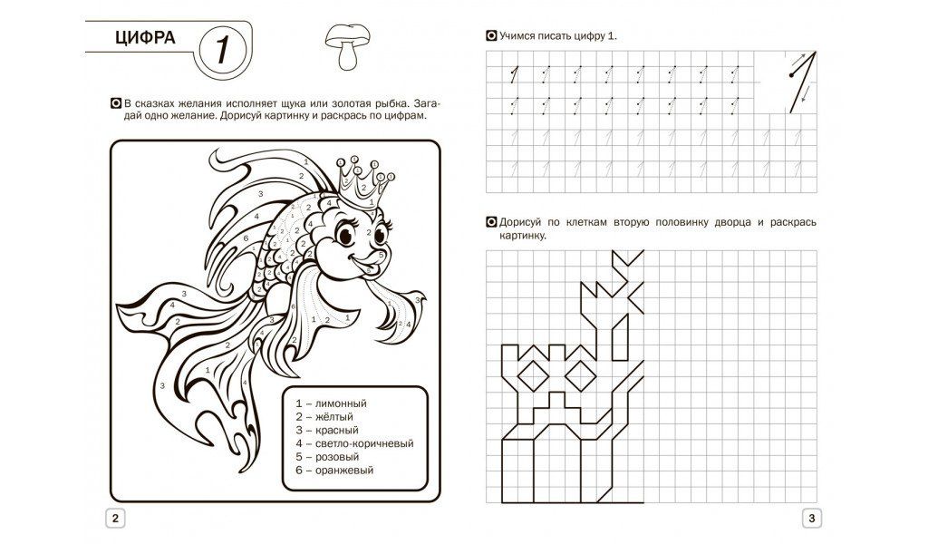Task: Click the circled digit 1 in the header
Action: tap(223, 50)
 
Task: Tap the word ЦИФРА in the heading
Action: tap(145, 38)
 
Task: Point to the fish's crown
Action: tap(363, 180)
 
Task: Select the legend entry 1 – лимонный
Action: tap(332, 403)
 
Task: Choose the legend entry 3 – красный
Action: tap(327, 431)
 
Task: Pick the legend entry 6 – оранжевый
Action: tap(335, 471)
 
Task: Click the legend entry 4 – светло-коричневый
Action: tap(354, 444)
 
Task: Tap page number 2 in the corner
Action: tap(115, 519)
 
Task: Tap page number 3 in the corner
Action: tap(812, 519)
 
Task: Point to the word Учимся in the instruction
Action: tap(517, 36)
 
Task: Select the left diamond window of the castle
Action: tap(533, 374)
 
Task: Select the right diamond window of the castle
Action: tap(581, 374)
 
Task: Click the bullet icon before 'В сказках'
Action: tap(117, 104)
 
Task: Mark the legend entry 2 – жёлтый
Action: tap(324, 417)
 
